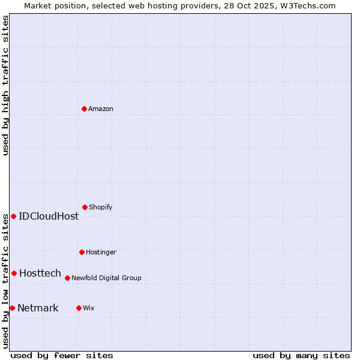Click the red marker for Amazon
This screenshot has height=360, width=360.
84,109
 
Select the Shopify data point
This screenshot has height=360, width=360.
85,207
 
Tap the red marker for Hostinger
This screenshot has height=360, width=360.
82,252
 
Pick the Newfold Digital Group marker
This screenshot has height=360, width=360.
67,278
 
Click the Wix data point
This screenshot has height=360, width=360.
79,308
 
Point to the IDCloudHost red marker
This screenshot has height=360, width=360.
13,216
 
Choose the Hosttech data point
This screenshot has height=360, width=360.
14,273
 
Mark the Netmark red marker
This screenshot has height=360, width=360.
12,308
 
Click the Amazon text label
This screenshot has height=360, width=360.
101,109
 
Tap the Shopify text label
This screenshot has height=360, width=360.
101,207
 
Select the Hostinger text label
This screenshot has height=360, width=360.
101,252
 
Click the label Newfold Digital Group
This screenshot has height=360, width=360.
106,278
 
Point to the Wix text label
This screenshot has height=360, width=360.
89,308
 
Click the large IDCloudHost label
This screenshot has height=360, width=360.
49,216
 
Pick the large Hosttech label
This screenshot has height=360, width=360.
40,273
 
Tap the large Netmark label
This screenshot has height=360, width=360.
38,308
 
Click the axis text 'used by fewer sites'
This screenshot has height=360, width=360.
62,355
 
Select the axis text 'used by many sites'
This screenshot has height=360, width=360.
301,355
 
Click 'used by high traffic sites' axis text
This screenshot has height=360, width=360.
5,85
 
